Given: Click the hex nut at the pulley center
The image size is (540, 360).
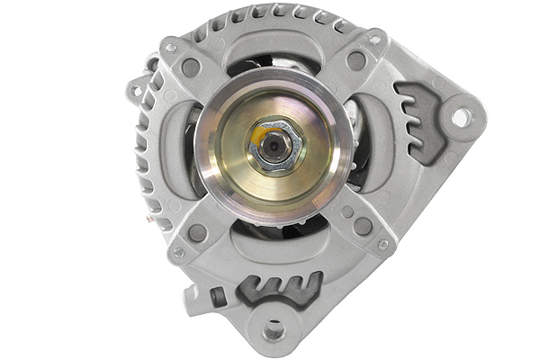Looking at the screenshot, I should pos(275,147).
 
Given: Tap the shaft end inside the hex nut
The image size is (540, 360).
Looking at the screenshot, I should pos(273,145).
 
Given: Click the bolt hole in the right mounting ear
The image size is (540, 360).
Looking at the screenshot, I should pos(460,117).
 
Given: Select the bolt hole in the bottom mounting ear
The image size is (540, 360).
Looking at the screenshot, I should pos(274,330).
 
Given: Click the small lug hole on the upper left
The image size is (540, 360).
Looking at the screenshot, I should pos(135,91).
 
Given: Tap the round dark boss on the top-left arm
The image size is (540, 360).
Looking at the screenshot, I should pos(190,67).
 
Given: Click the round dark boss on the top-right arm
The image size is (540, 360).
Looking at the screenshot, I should pos(356,61).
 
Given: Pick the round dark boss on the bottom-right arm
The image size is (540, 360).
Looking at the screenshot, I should pos(363,226).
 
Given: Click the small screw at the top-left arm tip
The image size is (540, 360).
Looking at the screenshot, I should pos(170,47).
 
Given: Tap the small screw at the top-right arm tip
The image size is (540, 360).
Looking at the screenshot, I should pos(374,40).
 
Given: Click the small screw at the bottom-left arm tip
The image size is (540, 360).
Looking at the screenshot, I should pos(178,253).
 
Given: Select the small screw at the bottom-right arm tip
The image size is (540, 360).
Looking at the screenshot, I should pos(383,245).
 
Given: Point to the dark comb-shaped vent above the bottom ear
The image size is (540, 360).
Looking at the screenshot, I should pos(280,290).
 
